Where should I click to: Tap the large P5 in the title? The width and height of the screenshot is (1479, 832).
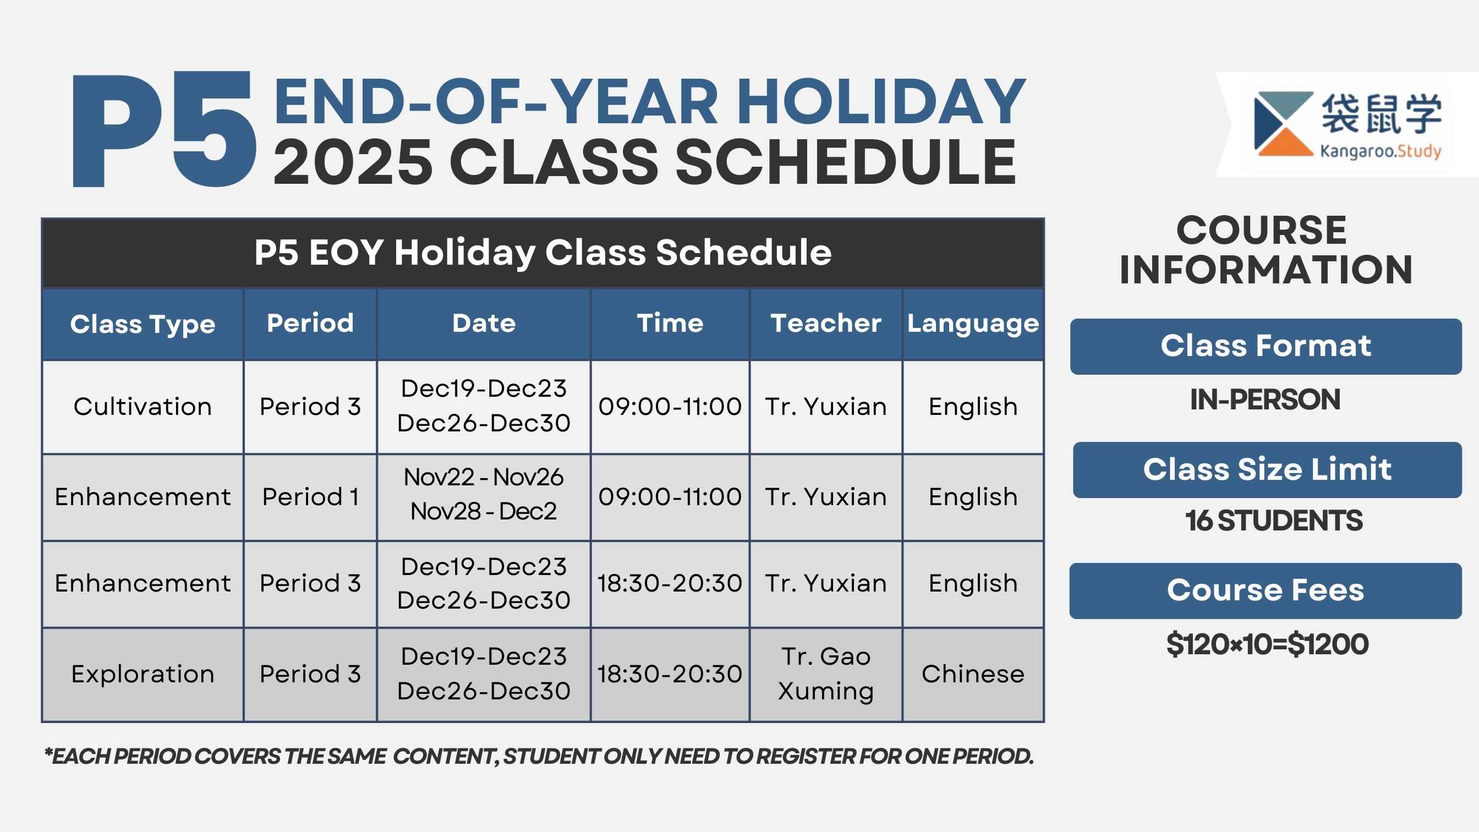click(x=164, y=129)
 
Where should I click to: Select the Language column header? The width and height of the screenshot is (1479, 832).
click(x=973, y=325)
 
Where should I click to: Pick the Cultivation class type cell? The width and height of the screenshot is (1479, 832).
click(x=143, y=407)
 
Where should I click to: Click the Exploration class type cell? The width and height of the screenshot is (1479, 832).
click(x=143, y=674)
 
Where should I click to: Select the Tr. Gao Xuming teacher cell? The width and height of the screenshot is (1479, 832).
click(x=826, y=674)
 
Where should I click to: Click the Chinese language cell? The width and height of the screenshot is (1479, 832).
click(x=973, y=674)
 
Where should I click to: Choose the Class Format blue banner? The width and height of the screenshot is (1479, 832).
click(x=1266, y=346)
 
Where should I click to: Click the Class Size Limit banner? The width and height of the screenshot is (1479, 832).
click(x=1267, y=470)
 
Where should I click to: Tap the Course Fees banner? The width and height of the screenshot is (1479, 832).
click(x=1266, y=591)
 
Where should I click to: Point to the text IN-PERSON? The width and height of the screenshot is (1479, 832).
click(x=1266, y=399)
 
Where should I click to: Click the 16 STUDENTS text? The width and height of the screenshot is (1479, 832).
click(x=1273, y=521)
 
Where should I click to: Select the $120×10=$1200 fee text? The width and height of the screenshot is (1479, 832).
click(x=1268, y=644)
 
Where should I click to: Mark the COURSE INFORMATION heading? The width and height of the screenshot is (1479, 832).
click(x=1266, y=250)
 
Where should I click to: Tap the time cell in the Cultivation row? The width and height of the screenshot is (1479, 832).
click(x=670, y=407)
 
